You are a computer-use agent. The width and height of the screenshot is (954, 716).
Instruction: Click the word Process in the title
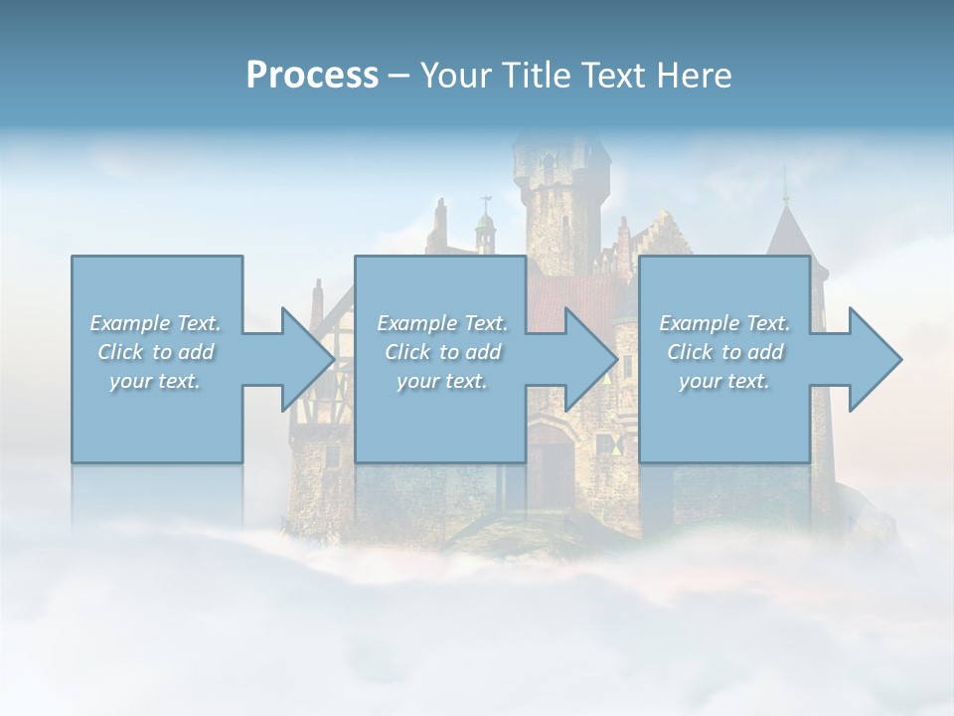pos(312,76)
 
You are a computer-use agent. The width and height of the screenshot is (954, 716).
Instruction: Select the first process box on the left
pos(157,418)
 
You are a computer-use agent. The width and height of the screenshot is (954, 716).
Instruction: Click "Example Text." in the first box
pos(155,323)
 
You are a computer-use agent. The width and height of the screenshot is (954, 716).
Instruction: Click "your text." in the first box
pos(155,381)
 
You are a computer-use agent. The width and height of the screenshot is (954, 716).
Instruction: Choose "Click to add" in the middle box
pos(442,352)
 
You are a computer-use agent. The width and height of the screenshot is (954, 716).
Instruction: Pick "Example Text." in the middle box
pos(442,323)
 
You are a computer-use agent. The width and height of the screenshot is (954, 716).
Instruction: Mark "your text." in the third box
pos(724,381)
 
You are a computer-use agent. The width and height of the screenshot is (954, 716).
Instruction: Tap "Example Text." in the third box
pos(724,323)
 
